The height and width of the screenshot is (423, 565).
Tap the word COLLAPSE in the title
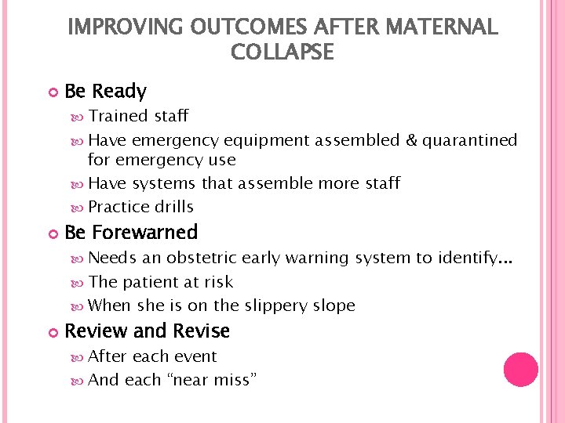[282, 52]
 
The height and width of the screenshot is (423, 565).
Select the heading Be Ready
[105, 92]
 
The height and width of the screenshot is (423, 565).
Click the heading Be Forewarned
[131, 233]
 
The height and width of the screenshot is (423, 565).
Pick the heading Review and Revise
[147, 331]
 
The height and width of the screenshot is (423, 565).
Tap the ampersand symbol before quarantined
[412, 140]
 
